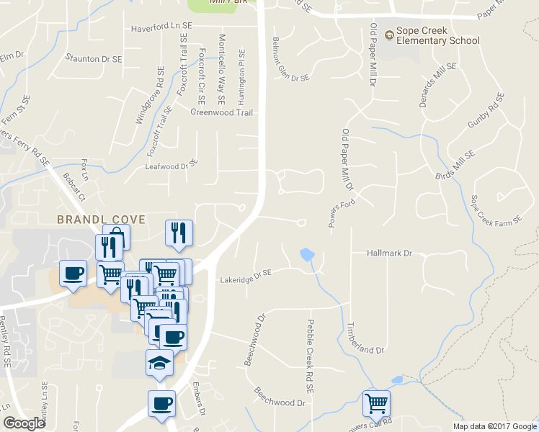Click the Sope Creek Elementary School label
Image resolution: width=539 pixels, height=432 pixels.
pyautogui.click(x=437, y=35)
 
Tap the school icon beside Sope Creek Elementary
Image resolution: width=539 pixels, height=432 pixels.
pyautogui.click(x=389, y=33)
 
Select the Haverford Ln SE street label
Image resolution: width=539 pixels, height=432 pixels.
pyautogui.click(x=162, y=28)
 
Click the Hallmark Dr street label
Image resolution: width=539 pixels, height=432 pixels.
pyautogui.click(x=388, y=253)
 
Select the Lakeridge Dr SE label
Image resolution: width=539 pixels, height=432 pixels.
pyautogui.click(x=246, y=274)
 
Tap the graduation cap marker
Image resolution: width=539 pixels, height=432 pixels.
pyautogui.click(x=159, y=363)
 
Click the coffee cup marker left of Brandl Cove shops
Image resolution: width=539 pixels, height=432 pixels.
pyautogui.click(x=73, y=273)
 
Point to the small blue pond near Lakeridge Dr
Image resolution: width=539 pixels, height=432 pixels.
pyautogui.click(x=306, y=254)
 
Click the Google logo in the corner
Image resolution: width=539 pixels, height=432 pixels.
pyautogui.click(x=24, y=423)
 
